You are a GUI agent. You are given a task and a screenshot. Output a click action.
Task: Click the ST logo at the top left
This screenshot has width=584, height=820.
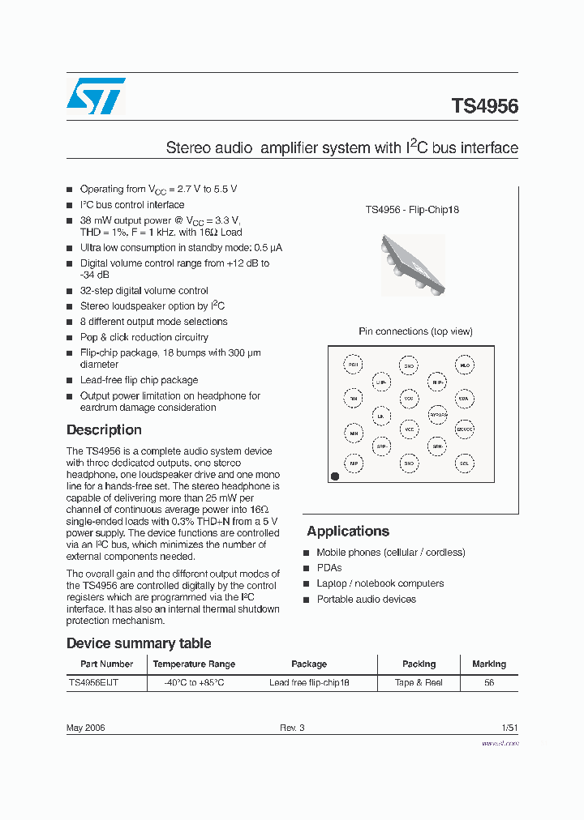(96, 96)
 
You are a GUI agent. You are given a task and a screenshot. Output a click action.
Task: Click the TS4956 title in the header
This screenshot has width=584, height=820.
(484, 106)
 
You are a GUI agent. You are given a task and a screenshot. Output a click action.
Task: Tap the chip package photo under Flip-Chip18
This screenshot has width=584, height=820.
(412, 265)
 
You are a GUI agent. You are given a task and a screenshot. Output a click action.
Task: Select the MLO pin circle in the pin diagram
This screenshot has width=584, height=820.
(464, 366)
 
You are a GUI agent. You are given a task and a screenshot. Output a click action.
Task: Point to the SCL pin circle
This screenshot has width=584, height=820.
(464, 464)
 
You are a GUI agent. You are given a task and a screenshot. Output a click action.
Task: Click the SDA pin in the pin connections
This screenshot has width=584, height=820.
(464, 399)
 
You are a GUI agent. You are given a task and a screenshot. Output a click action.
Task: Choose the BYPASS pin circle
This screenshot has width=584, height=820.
(437, 414)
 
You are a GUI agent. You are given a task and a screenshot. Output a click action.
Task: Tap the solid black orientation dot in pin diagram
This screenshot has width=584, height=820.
(334, 476)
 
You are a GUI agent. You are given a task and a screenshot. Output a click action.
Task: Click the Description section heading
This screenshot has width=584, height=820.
(104, 430)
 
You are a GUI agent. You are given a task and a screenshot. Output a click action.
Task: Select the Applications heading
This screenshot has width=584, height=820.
(348, 532)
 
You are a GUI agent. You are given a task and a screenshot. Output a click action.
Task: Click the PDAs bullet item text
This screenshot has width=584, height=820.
(329, 568)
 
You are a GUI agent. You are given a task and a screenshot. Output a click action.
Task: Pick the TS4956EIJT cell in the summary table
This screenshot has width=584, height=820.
(93, 683)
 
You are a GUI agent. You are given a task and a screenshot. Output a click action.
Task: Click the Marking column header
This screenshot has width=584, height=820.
(488, 664)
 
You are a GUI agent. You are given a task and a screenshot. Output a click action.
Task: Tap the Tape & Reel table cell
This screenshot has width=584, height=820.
(419, 683)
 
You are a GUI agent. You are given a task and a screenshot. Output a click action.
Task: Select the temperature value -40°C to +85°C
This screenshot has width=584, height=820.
(194, 683)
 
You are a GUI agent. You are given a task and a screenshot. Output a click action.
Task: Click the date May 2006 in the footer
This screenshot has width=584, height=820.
(85, 728)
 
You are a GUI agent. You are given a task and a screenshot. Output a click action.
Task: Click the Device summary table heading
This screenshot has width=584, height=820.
(139, 643)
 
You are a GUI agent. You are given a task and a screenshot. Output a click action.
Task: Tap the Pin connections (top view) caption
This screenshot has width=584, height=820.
(415, 331)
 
